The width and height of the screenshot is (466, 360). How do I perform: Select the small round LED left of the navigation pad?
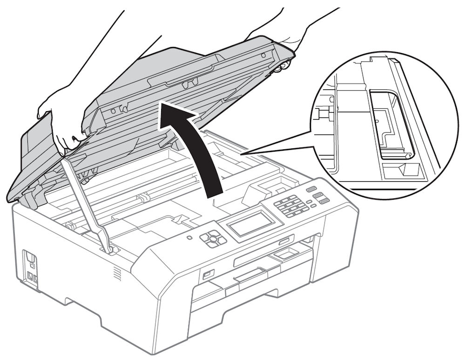(189, 237)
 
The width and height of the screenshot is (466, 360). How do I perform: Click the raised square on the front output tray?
(285, 253)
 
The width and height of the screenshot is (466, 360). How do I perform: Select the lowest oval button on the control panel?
(323, 201)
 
